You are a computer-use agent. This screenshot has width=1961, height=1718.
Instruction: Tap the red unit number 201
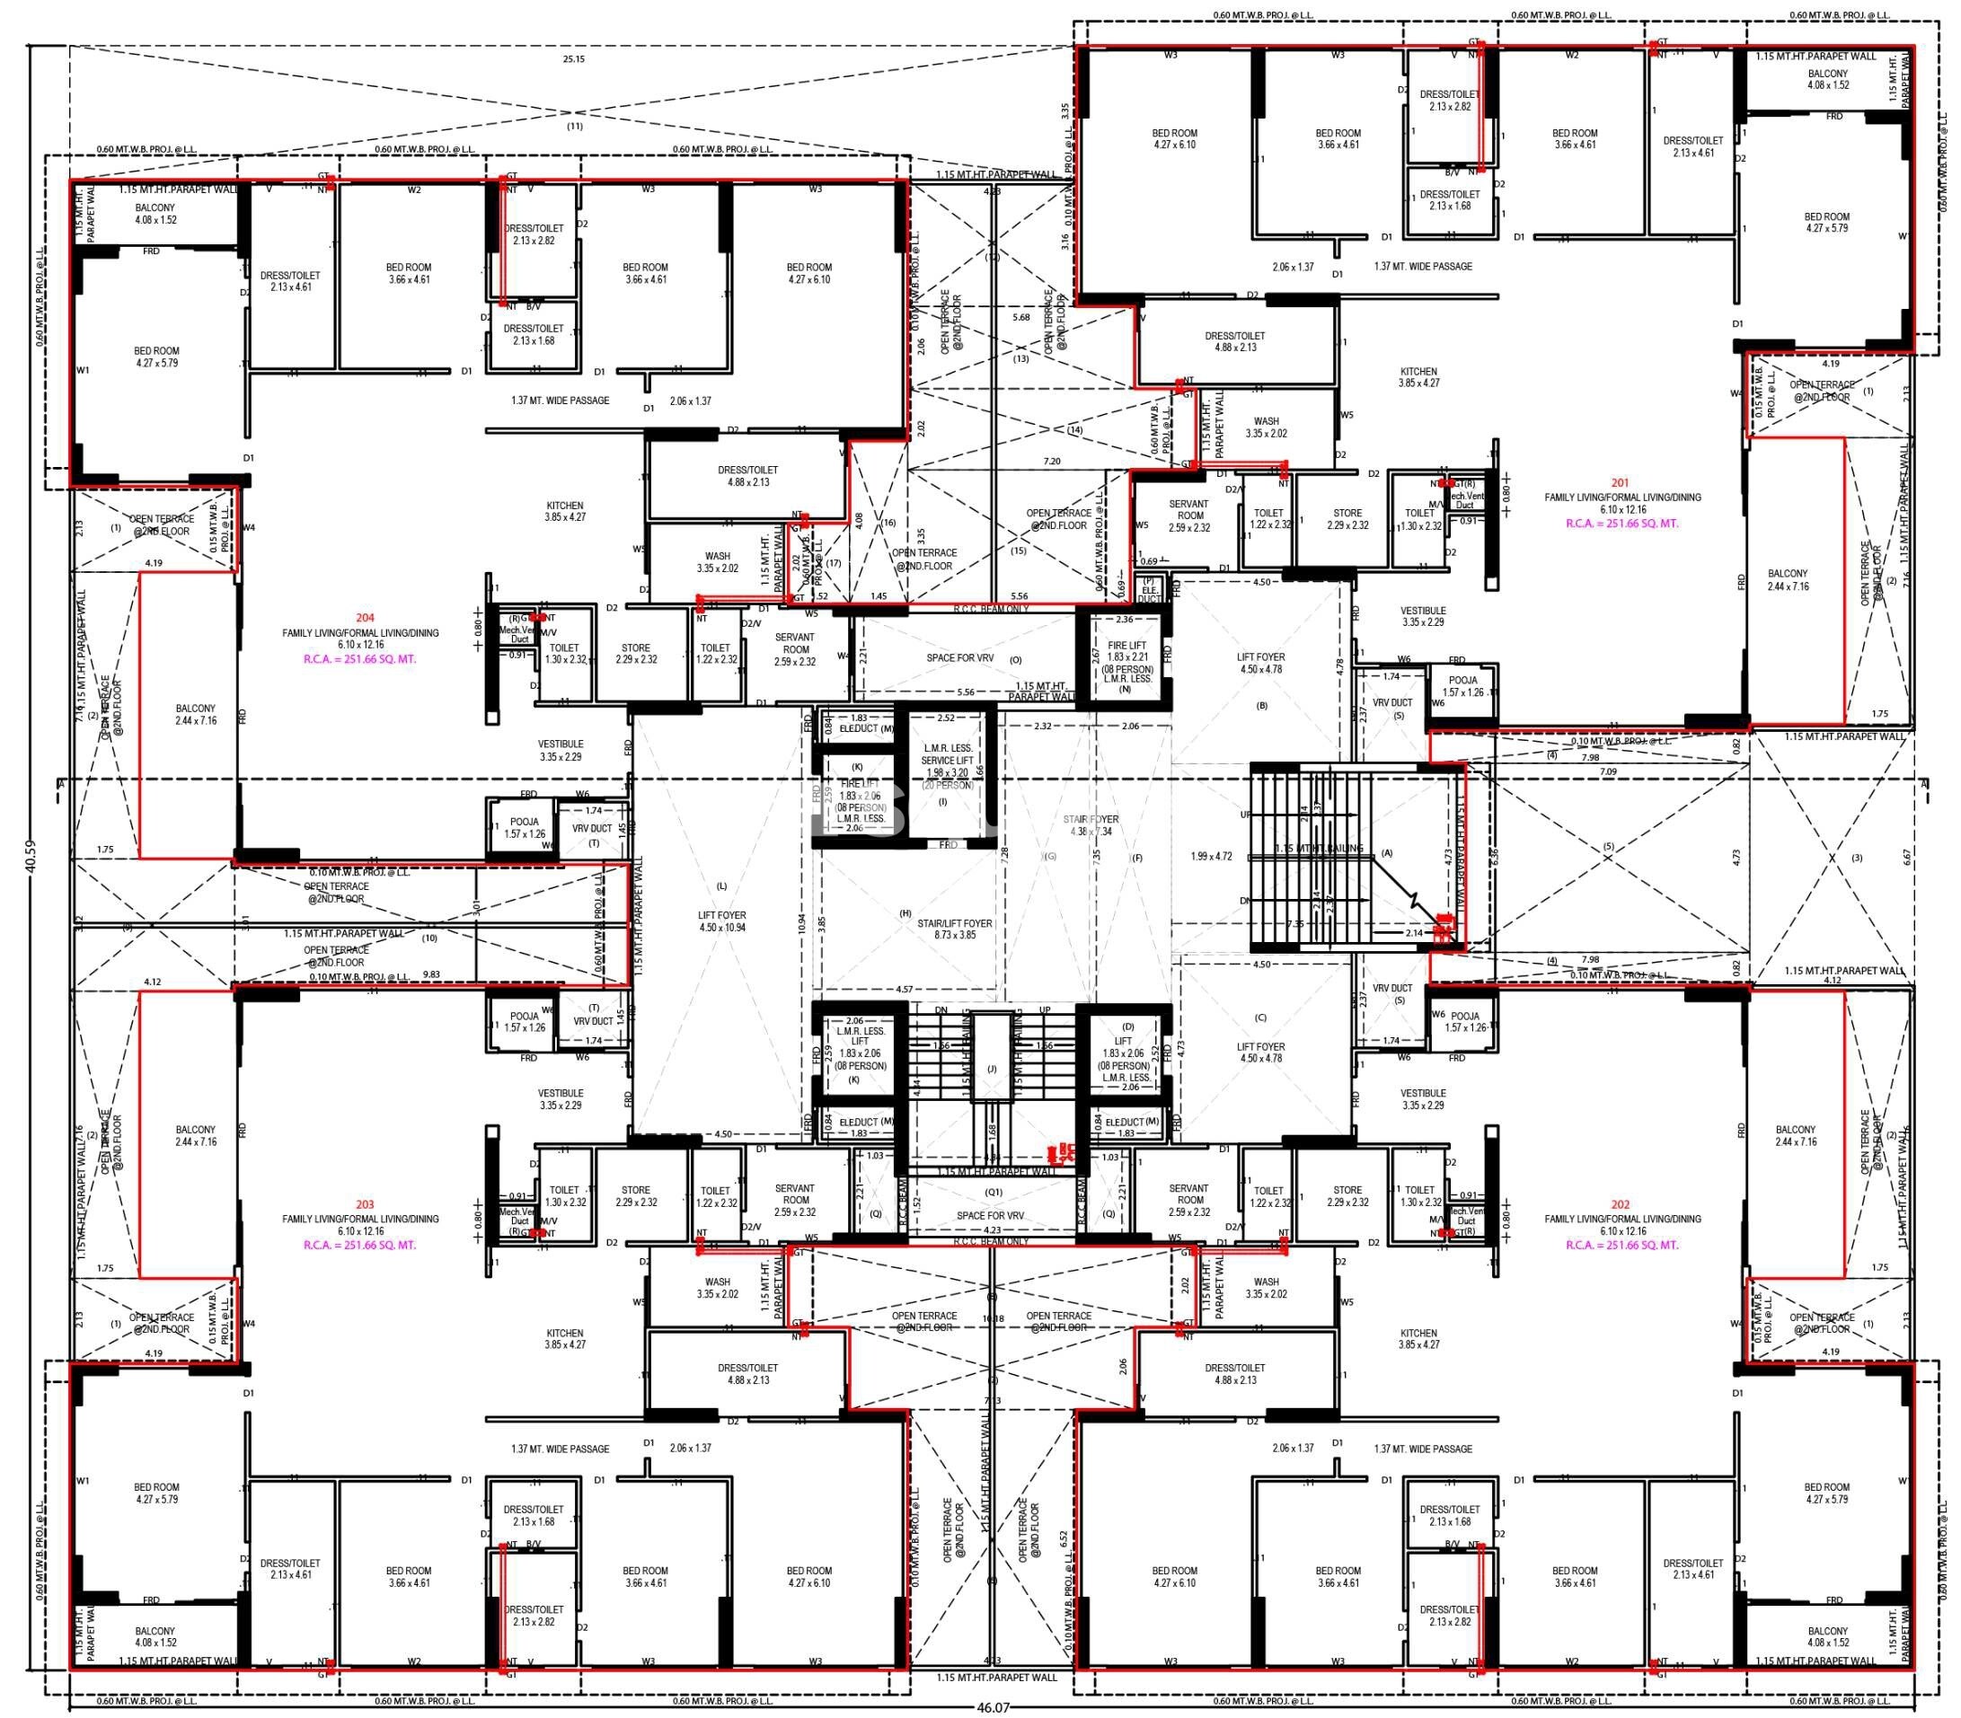(x=1620, y=483)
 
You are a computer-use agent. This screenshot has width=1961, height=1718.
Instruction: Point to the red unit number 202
(x=1620, y=1204)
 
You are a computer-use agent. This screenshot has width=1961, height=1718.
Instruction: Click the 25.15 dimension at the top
(x=573, y=59)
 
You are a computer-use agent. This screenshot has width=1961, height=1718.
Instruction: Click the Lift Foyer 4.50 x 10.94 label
(x=722, y=921)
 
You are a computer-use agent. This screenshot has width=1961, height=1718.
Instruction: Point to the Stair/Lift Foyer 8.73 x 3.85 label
(x=954, y=929)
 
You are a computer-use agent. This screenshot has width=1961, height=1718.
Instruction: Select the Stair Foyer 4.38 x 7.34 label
(x=1091, y=825)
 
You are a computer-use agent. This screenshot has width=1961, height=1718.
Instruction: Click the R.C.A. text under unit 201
(x=1621, y=524)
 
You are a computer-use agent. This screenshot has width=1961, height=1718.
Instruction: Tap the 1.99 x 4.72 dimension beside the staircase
(x=1210, y=856)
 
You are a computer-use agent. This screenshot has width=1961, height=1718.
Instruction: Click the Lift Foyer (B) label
(x=1260, y=664)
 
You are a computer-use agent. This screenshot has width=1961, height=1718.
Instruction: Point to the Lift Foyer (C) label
(x=1260, y=1053)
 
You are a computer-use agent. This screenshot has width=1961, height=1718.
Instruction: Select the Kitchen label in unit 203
(x=565, y=1339)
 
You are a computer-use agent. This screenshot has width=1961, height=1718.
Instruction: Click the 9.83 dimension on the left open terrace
(x=431, y=974)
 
